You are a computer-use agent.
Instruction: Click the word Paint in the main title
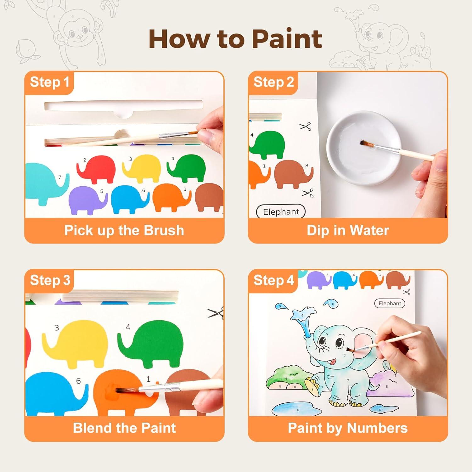point(287,39)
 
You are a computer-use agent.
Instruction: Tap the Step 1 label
point(49,82)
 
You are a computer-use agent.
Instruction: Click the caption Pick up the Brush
point(124,230)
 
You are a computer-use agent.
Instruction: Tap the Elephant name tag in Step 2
point(281,212)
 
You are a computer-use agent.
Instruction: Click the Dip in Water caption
point(348,230)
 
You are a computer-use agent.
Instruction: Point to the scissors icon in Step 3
point(216,313)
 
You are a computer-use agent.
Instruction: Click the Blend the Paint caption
point(124,428)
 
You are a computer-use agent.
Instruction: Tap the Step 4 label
point(273,280)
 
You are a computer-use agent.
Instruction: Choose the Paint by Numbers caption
point(348,428)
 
